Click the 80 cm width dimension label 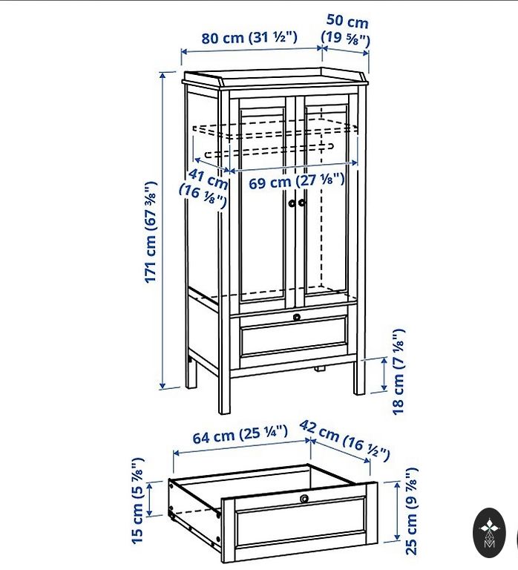coord(249,37)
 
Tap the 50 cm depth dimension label coord(345,30)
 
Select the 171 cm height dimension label coord(151,232)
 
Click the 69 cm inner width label coord(296,180)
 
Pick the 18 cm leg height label coord(398,371)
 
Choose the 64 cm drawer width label coord(240,434)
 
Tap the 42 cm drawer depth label coord(344,440)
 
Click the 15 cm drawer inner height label coord(138,500)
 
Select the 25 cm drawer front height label coord(411,511)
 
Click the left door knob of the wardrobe coord(292,203)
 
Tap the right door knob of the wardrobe coord(302,203)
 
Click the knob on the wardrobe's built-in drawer coord(297,317)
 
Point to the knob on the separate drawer coord(304,499)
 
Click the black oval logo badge coord(489,533)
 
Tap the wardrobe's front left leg coord(224,394)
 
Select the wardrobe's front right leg coord(359,377)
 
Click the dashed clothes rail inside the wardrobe coord(269,150)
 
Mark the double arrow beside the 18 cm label coord(384,374)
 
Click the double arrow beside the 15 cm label coord(149,499)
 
